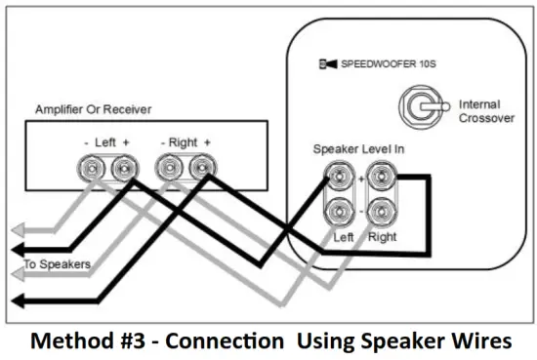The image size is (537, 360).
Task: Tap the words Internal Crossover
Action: point(479,110)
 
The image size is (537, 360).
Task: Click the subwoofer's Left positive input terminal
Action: point(338,178)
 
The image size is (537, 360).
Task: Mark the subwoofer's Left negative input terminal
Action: point(338,211)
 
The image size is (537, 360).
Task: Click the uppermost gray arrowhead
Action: point(14,231)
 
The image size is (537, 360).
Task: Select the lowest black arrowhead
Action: point(14,301)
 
